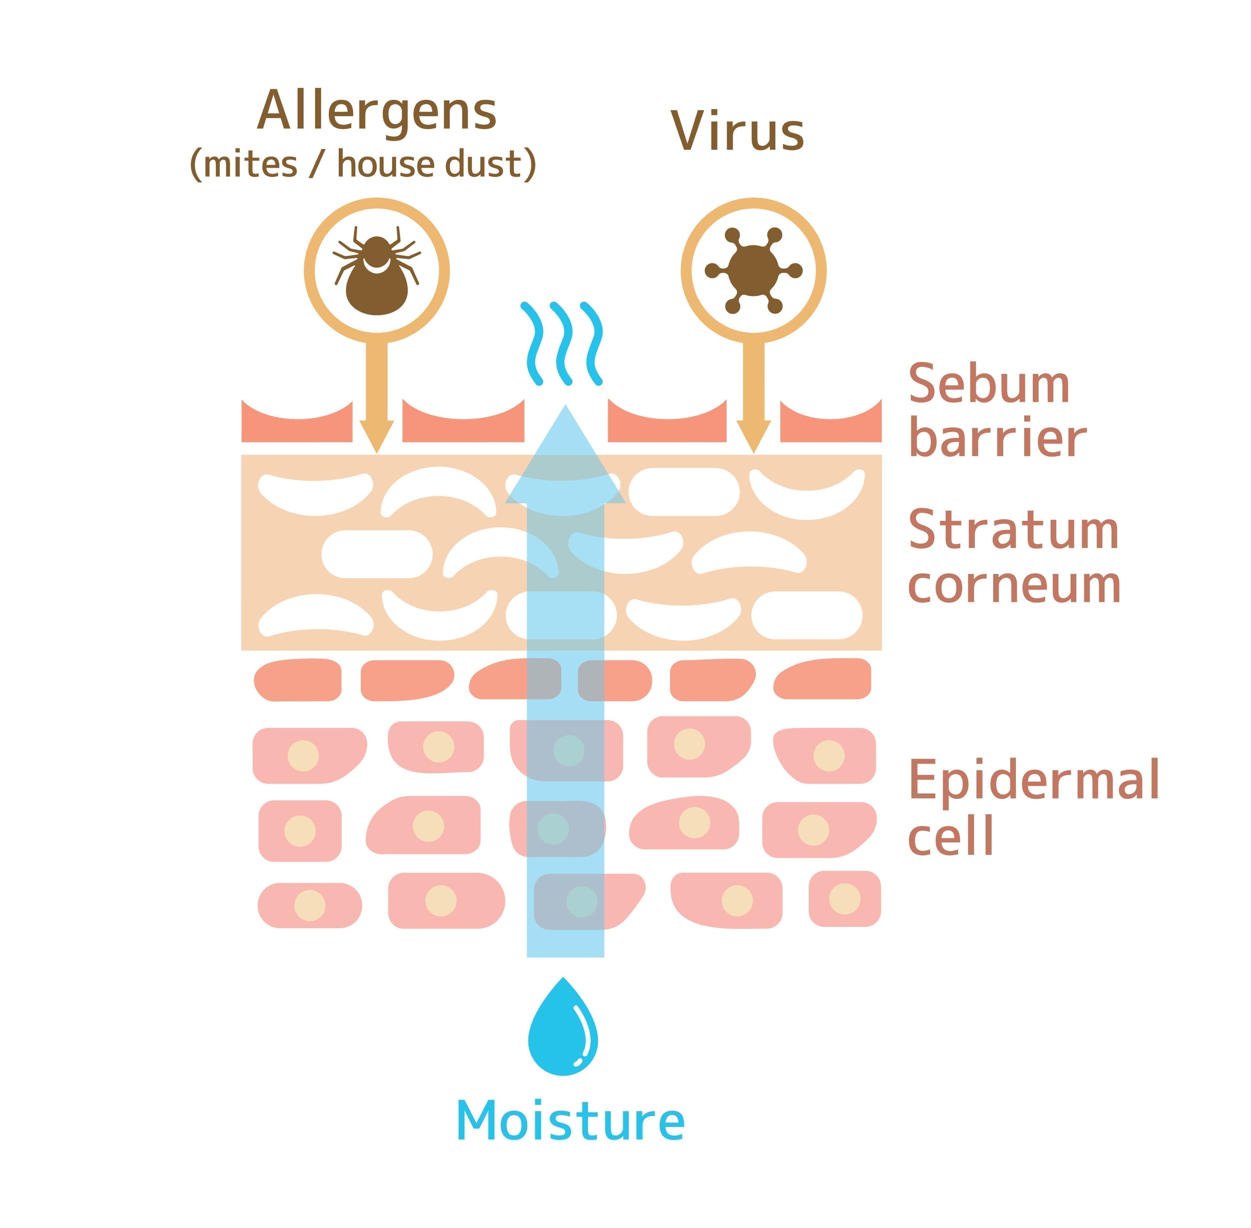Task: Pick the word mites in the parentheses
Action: click(251, 165)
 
